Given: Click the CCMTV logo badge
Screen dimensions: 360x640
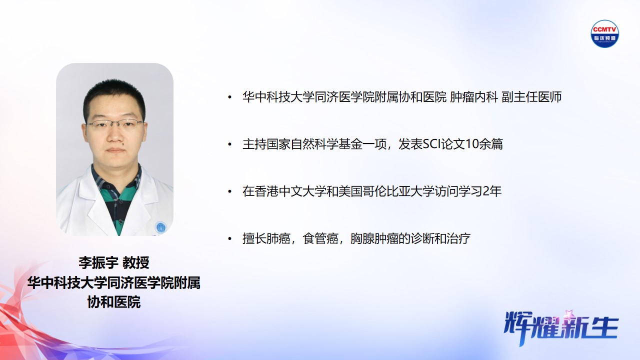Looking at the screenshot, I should click(605, 33).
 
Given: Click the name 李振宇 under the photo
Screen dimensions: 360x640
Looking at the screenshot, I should click(98, 262).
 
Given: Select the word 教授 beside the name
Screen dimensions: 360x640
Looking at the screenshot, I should click(136, 262).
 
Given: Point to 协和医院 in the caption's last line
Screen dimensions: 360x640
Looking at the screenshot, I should click(114, 302).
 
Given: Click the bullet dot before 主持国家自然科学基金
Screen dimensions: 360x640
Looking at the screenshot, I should click(229, 144).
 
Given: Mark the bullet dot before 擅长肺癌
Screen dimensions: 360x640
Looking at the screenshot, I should click(229, 239).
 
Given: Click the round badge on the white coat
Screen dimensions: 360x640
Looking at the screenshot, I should click(160, 227).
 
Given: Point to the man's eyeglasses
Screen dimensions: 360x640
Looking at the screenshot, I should click(114, 124).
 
